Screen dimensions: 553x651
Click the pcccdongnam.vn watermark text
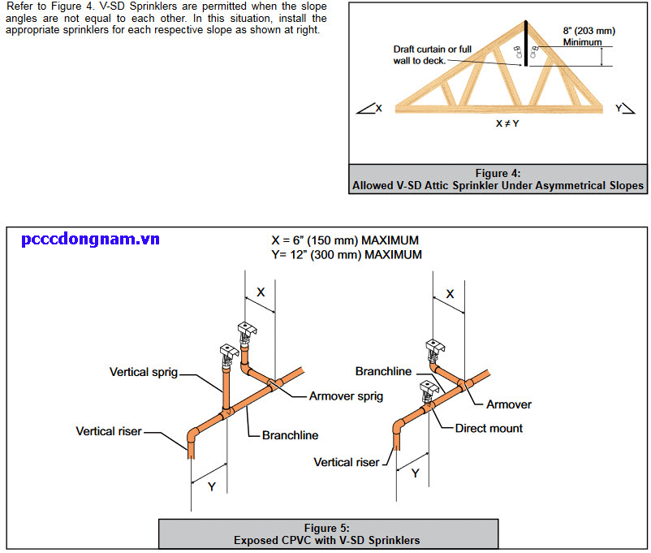(x=90, y=239)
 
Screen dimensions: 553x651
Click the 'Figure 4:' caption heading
(x=498, y=173)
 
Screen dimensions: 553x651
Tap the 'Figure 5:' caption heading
(x=326, y=528)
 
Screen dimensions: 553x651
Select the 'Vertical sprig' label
(x=144, y=372)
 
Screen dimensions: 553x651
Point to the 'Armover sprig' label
(x=346, y=396)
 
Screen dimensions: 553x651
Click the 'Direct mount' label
(x=489, y=428)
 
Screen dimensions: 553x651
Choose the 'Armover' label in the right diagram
(x=509, y=404)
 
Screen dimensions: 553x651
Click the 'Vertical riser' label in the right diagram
(x=347, y=462)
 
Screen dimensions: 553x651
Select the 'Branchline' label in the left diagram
(x=290, y=435)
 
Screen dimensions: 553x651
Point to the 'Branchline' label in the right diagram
(x=384, y=371)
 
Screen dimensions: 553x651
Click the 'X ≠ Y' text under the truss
(x=507, y=123)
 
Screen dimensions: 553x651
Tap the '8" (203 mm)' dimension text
(x=588, y=31)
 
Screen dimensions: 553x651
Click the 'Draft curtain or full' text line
(x=433, y=50)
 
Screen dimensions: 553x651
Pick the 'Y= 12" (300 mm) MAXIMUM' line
(x=347, y=254)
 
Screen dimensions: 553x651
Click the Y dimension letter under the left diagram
(x=211, y=486)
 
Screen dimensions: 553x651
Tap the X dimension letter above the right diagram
(x=451, y=294)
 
